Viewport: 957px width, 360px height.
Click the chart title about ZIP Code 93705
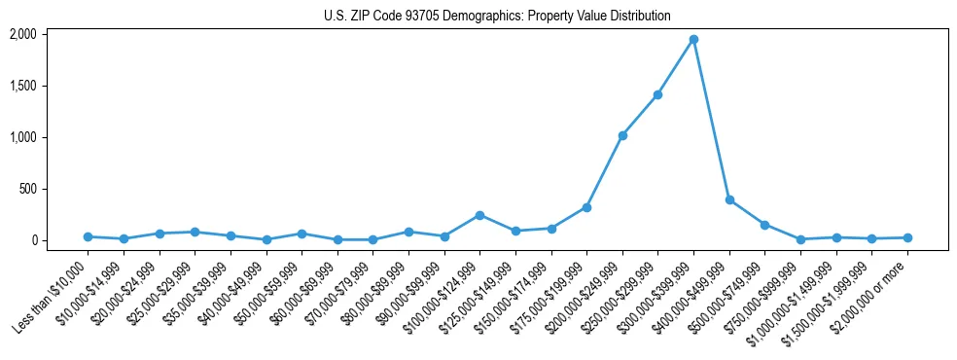pos(497,16)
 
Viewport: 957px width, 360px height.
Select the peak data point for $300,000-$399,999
pos(693,40)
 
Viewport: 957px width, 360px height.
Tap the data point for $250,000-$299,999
pos(657,94)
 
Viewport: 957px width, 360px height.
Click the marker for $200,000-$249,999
pos(622,135)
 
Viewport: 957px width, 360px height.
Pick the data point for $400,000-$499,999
pos(729,200)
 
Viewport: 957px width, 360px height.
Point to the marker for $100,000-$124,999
pos(479,215)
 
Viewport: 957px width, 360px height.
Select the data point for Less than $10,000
pos(88,236)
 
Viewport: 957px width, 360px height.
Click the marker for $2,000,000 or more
pos(907,237)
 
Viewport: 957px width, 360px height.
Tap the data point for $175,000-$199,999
pos(586,207)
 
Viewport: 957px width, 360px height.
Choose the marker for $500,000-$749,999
pos(764,225)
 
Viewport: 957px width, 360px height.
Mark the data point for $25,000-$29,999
pos(195,232)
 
